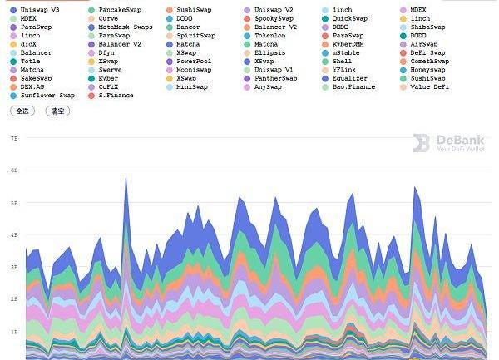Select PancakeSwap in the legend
pos(119,9)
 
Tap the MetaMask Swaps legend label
pos(125,27)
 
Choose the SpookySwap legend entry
pos(274,18)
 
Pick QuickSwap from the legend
pos(349,18)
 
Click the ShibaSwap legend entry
pos(427,27)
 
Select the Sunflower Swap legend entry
pos(47,96)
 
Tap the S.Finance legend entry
pos(116,96)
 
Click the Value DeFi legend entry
pos(429,86)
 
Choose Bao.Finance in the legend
pos(353,86)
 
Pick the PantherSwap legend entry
pos(275,78)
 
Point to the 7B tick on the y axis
pos(13,138)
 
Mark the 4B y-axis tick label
pos(13,234)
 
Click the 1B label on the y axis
pos(13,331)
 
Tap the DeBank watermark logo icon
pos(421,143)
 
